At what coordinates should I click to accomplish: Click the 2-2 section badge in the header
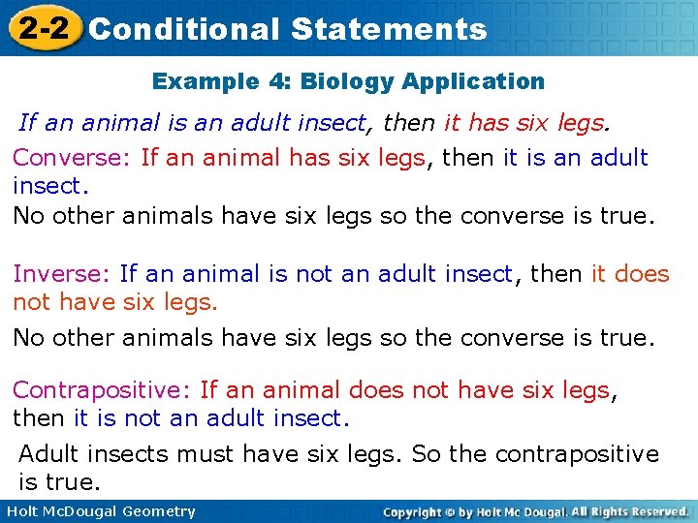[41, 28]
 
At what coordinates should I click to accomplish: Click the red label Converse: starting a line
[73, 157]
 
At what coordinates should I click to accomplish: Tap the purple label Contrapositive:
[102, 390]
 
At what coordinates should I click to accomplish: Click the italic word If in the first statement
[28, 122]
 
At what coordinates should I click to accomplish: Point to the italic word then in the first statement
[410, 122]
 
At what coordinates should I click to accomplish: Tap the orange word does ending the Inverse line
[642, 274]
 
